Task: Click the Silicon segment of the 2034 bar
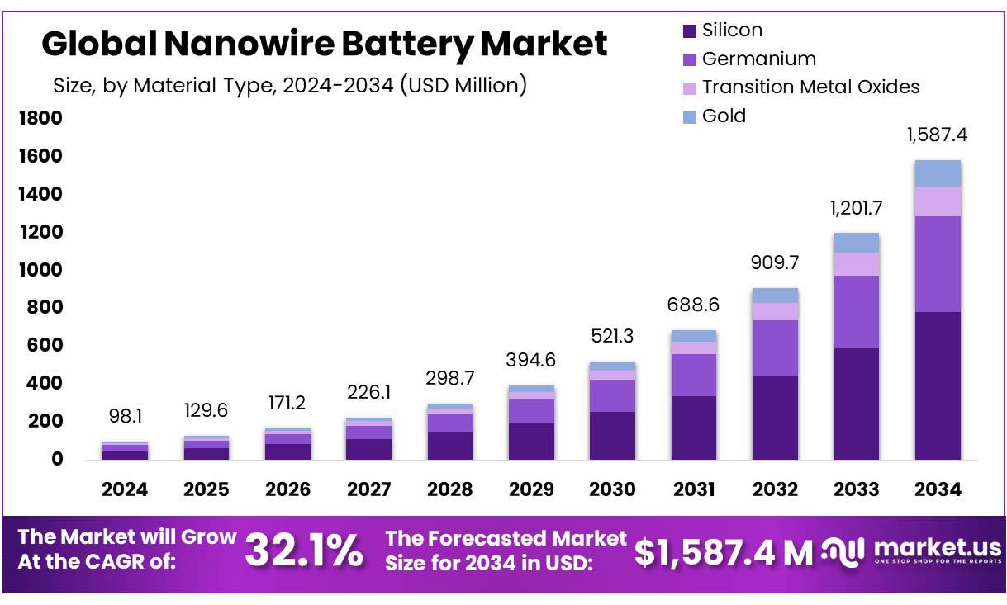[x=938, y=385]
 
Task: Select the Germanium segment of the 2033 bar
[x=857, y=312]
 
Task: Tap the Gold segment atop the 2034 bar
[x=938, y=173]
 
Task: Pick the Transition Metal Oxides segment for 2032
[x=775, y=311]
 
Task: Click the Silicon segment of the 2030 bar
[x=613, y=435]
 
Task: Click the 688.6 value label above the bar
[x=694, y=305]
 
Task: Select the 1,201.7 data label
[x=857, y=207]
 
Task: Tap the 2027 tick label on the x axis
[x=369, y=489]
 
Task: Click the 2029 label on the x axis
[x=531, y=489]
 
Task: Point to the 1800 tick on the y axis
[x=40, y=119]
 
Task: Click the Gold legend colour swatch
[x=690, y=117]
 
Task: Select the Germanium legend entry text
[x=758, y=59]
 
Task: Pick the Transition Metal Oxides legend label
[x=810, y=87]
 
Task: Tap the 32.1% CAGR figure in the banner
[x=304, y=551]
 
